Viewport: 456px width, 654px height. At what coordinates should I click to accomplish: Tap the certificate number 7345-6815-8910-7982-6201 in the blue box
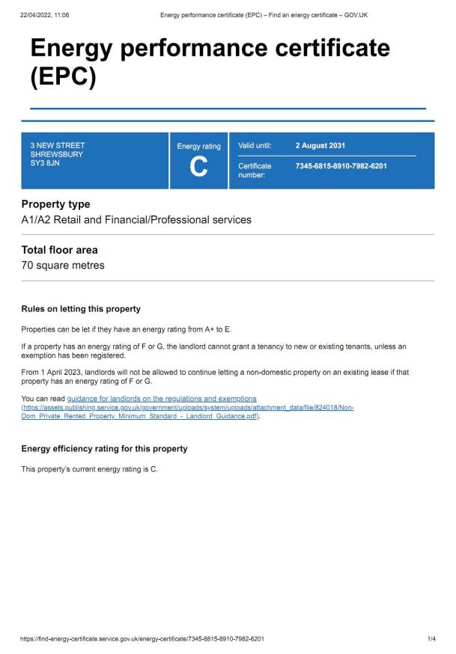click(341, 165)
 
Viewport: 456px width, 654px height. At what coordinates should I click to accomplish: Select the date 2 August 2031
click(320, 145)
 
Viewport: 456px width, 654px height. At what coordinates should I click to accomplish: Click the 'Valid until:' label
click(255, 145)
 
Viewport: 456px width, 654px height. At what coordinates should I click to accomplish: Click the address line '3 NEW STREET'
click(58, 145)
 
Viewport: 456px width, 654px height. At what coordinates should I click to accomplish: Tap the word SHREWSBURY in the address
click(57, 154)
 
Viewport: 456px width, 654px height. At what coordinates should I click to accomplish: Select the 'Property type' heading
click(55, 204)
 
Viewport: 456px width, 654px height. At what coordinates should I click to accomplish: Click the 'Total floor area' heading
click(59, 250)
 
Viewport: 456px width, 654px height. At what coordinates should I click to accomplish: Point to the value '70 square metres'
click(63, 266)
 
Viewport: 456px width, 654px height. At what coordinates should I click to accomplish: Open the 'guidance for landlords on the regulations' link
click(162, 398)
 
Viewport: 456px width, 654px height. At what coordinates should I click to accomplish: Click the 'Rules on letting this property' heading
click(81, 309)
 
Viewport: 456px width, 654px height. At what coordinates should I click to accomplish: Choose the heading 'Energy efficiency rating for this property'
click(104, 449)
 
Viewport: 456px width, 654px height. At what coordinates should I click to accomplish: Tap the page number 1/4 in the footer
click(431, 639)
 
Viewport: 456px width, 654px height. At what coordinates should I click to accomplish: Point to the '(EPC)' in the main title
click(63, 77)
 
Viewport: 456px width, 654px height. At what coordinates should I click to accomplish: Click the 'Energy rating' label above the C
click(198, 147)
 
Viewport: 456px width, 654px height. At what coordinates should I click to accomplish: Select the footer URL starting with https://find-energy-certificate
click(142, 639)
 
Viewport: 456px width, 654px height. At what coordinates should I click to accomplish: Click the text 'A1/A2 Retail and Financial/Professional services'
click(136, 220)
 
